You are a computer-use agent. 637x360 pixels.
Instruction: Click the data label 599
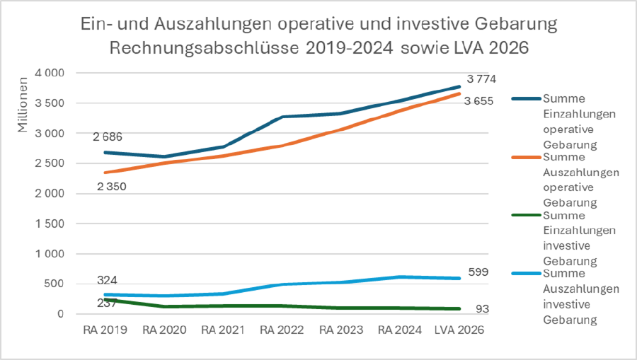pos(478,272)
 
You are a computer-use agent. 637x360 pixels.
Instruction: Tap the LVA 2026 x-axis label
pos(461,330)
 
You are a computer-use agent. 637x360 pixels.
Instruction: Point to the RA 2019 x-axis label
pos(105,330)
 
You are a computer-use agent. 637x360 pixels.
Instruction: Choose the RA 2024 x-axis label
pos(401,330)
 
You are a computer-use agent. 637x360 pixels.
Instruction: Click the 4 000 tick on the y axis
pos(50,73)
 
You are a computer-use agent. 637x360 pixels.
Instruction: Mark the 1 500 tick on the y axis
pos(50,223)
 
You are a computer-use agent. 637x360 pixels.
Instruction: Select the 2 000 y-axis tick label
pos(50,194)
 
